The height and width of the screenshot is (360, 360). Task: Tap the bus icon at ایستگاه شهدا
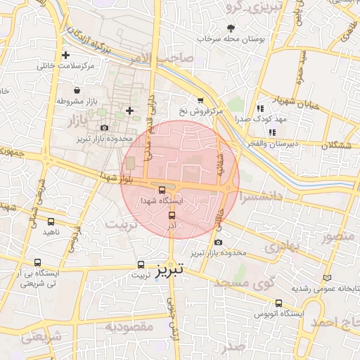[162, 190]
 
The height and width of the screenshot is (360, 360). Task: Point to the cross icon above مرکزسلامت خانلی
[66, 55]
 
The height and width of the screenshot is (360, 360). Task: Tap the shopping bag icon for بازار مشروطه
[78, 91]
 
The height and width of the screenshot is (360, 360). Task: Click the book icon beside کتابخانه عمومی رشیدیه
[327, 278]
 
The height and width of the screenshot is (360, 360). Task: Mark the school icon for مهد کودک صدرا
[260, 108]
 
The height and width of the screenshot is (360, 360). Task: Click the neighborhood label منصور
[340, 236]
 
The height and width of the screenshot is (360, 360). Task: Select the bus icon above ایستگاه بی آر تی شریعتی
[37, 262]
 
